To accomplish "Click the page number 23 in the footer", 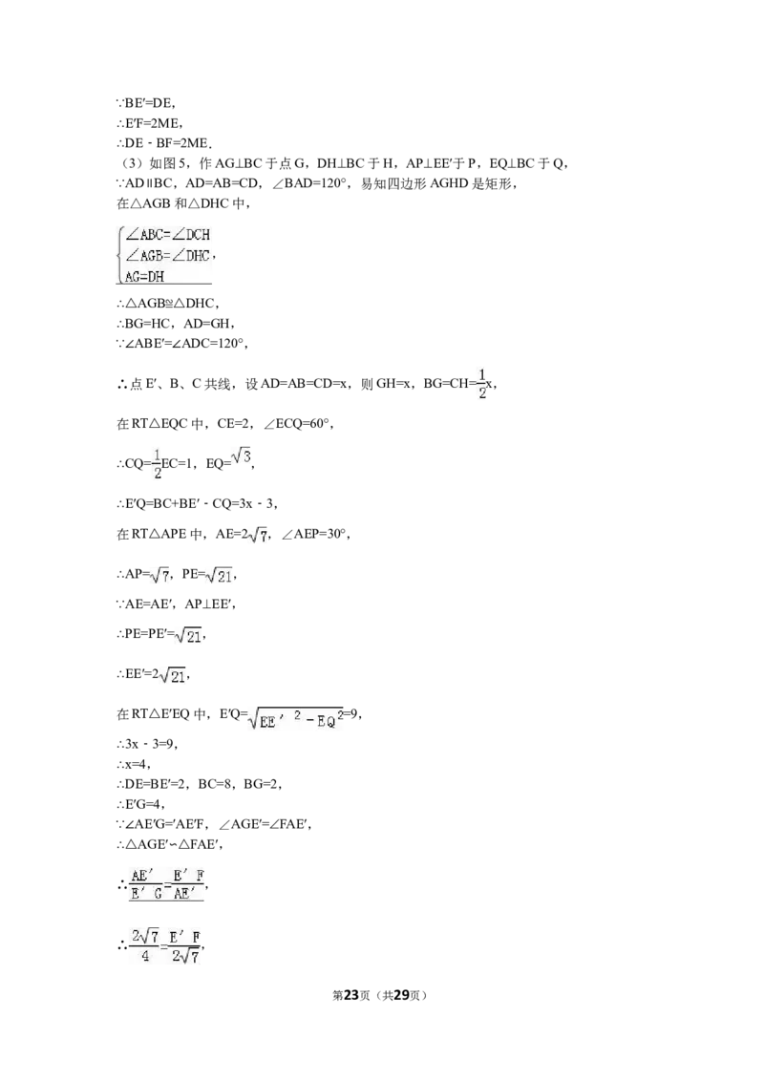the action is click(x=351, y=995).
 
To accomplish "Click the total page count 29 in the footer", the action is click(x=401, y=995).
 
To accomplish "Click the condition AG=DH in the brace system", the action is click(x=145, y=276).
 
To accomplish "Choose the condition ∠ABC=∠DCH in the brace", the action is click(x=167, y=234).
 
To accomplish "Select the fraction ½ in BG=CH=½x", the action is click(x=482, y=384).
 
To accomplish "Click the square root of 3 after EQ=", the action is click(x=242, y=457).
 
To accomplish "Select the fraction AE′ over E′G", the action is click(x=146, y=884).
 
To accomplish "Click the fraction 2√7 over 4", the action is click(x=145, y=945).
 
